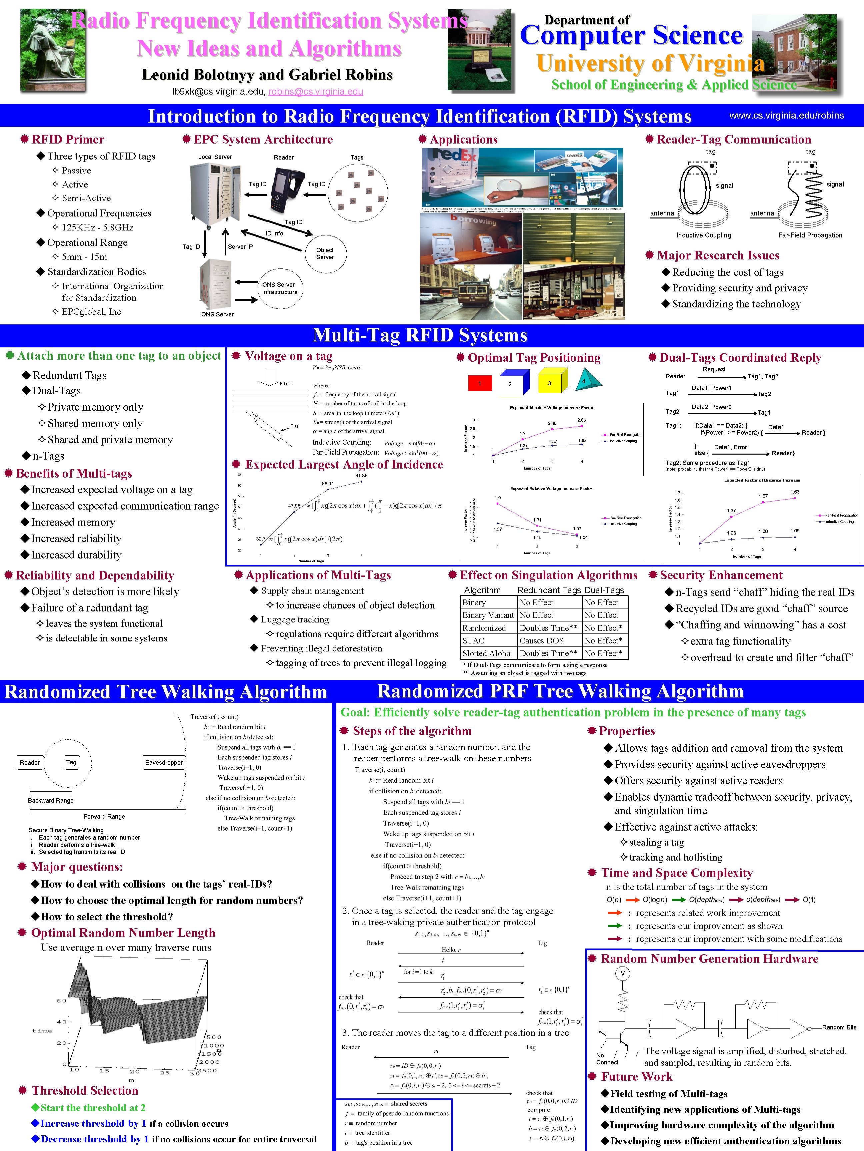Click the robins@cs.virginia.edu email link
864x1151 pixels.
[x=316, y=92]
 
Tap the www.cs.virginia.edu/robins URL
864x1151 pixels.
[x=786, y=116]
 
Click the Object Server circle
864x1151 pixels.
[x=325, y=253]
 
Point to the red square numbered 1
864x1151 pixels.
[x=479, y=383]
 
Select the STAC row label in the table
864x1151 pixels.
[x=473, y=640]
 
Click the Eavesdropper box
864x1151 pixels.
[x=164, y=762]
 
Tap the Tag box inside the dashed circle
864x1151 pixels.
[x=71, y=762]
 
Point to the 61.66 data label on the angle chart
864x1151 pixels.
[x=361, y=476]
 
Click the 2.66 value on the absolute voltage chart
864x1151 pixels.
[x=581, y=420]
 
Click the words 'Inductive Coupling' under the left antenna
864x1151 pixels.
[x=704, y=235]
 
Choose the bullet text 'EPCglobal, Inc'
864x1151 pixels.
[x=91, y=312]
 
